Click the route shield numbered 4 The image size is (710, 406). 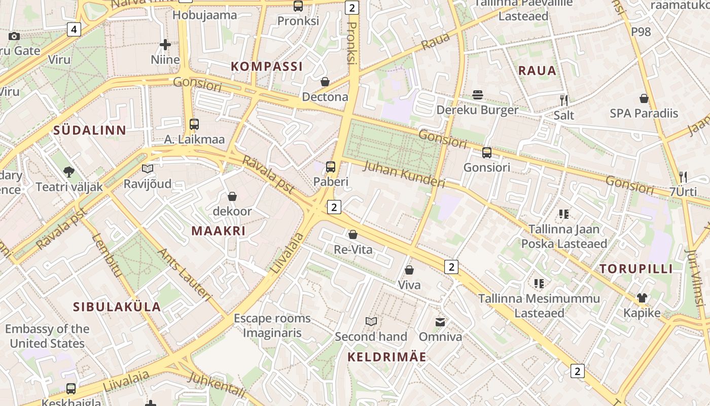tap(74, 29)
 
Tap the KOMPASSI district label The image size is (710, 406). tap(267, 66)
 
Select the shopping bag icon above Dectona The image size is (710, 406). tap(325, 82)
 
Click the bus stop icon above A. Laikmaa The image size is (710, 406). tap(194, 124)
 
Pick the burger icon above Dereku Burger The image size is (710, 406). tap(477, 95)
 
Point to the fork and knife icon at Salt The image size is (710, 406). tap(563, 100)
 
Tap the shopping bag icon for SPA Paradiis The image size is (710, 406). tap(644, 98)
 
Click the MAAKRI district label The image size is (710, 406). tap(218, 231)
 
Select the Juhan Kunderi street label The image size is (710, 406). tap(404, 175)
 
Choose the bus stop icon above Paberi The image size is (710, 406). tap(331, 166)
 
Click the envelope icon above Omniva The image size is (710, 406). tap(440, 322)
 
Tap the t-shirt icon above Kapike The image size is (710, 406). tap(642, 298)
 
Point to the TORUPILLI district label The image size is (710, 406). tap(636, 269)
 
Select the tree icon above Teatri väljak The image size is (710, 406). tap(69, 172)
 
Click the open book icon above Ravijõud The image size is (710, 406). tap(148, 168)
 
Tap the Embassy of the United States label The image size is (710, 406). tap(47, 336)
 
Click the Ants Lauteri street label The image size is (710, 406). tap(184, 275)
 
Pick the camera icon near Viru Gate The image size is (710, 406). tap(14, 36)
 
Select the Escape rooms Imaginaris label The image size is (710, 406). tap(272, 326)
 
